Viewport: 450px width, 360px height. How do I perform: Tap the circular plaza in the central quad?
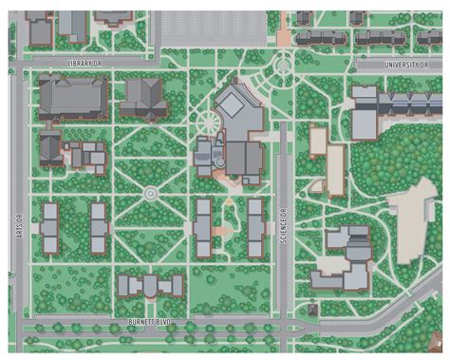coord(150,194)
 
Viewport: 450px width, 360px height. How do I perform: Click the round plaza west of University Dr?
coord(283,66)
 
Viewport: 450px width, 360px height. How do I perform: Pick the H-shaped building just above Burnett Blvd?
coord(149,286)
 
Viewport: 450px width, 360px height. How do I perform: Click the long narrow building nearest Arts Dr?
coord(50,229)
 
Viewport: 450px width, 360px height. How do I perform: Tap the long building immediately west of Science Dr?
coord(254,228)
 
